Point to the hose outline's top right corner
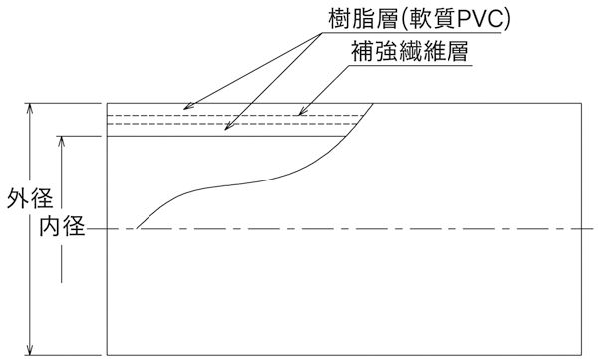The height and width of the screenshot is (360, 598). coord(584,104)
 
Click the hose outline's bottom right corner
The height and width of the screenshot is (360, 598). coord(584,353)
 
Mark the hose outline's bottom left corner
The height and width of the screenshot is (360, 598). coord(107,353)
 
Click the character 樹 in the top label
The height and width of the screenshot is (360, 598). coord(339,18)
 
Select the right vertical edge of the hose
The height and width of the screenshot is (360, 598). coord(584,229)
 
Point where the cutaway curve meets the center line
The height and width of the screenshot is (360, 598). coord(137,230)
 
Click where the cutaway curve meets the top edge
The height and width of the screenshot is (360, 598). coord(374,104)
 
